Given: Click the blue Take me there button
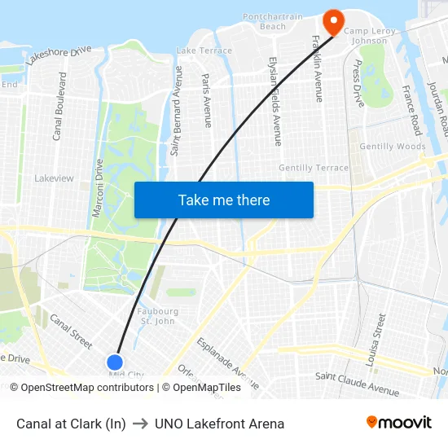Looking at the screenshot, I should click(x=224, y=200).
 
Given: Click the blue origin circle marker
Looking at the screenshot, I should click(x=115, y=362).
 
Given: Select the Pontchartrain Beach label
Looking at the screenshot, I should click(x=273, y=21).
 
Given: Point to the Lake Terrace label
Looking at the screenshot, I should click(x=204, y=51).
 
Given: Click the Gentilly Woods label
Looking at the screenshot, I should click(x=392, y=147).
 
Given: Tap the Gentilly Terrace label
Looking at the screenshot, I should click(x=314, y=168).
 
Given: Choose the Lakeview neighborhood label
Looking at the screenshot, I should click(x=54, y=178).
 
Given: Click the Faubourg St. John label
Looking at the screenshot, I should click(x=158, y=315).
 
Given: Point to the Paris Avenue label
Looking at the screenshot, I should click(x=207, y=100).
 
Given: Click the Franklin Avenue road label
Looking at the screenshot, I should click(x=318, y=69).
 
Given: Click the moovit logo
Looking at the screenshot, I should click(x=398, y=423).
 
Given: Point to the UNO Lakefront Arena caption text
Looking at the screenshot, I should click(x=219, y=424).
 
